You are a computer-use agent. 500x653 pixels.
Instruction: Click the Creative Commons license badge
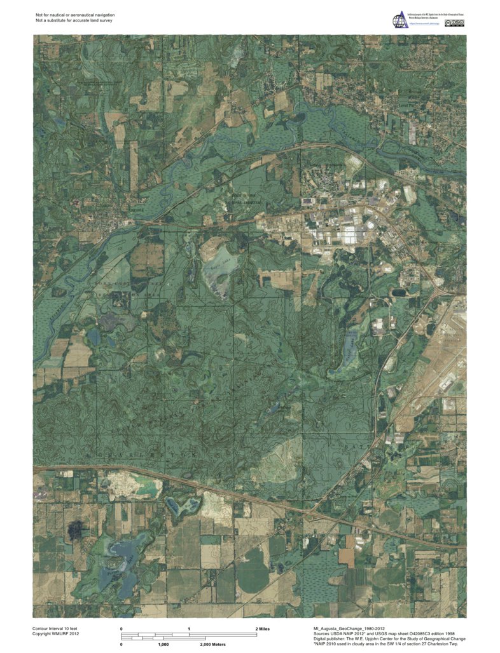(459, 24)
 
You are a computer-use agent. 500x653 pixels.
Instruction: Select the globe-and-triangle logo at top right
(398, 21)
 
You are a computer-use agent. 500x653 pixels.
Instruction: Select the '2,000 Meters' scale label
(213, 644)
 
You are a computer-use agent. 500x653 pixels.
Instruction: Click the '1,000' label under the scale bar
(163, 644)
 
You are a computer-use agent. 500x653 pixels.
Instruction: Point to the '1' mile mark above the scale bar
(189, 628)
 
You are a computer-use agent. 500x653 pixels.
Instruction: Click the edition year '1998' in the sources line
(455, 634)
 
